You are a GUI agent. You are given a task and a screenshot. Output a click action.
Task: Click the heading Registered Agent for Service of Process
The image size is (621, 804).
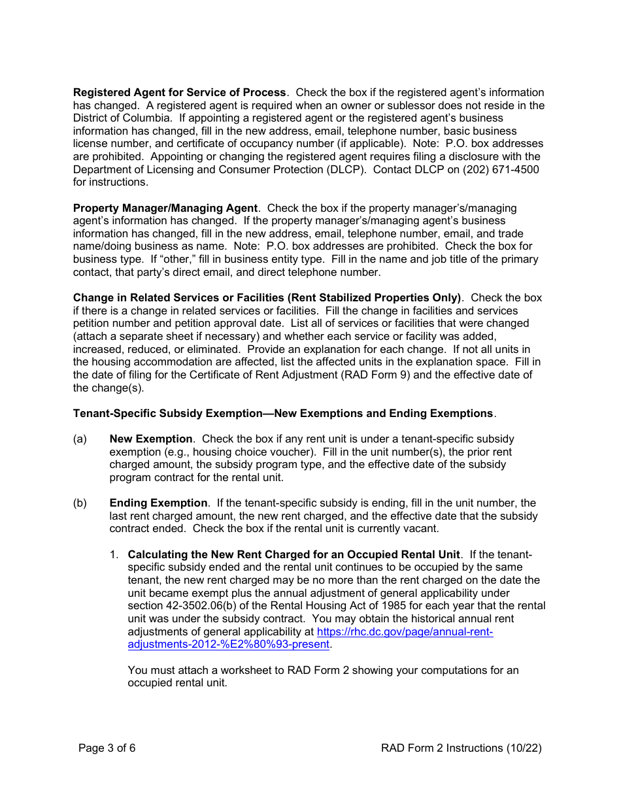click(179, 93)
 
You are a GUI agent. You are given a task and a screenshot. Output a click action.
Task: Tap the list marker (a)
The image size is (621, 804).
click(80, 439)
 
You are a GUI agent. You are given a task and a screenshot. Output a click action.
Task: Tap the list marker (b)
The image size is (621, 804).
click(80, 503)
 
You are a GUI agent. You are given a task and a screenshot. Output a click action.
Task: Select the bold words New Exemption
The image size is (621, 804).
click(150, 439)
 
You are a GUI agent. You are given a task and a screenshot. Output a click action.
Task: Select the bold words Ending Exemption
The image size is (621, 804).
click(158, 503)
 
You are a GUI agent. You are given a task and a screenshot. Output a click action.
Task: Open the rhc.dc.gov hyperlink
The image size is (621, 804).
click(404, 632)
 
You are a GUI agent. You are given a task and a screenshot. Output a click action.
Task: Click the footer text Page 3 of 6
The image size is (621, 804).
click(107, 748)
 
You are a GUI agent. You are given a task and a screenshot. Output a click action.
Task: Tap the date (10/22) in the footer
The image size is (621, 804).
click(524, 748)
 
